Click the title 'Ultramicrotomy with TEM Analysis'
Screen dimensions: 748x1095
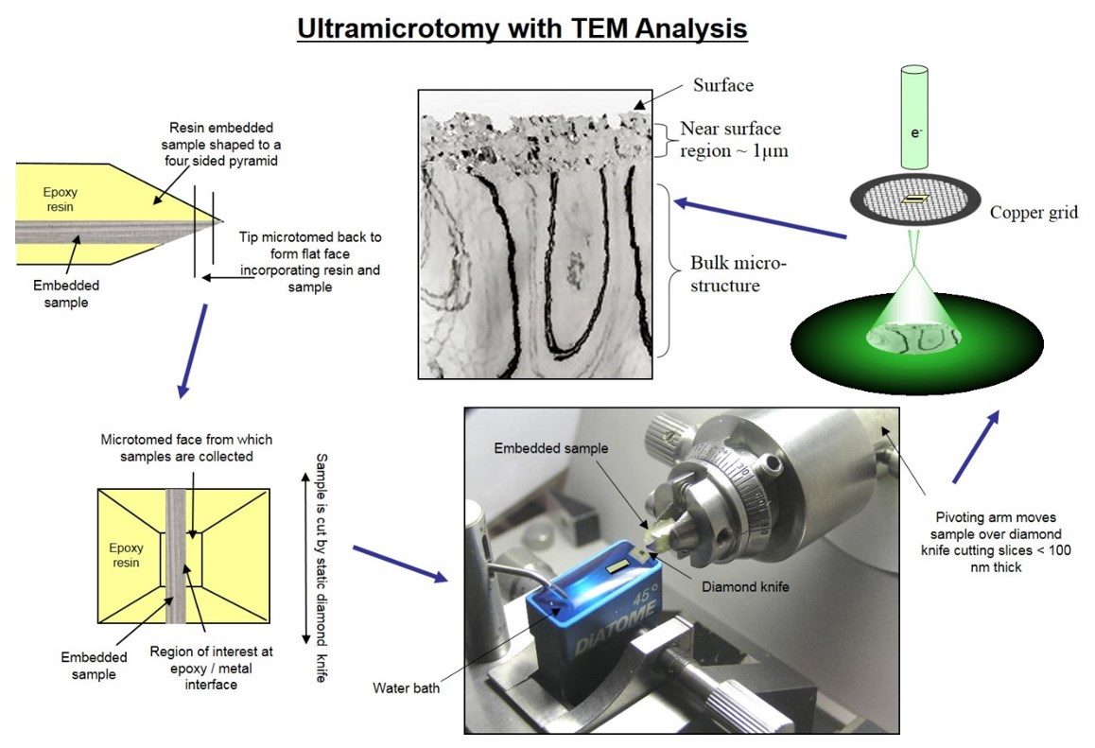(x=522, y=29)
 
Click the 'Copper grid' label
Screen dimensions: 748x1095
(x=1033, y=213)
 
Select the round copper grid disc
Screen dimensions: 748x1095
(x=914, y=200)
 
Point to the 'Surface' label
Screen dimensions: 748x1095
(x=723, y=85)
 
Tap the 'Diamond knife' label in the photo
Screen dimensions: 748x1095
(x=744, y=586)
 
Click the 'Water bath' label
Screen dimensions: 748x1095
(x=406, y=687)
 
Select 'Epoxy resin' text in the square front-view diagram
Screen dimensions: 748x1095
(x=125, y=555)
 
